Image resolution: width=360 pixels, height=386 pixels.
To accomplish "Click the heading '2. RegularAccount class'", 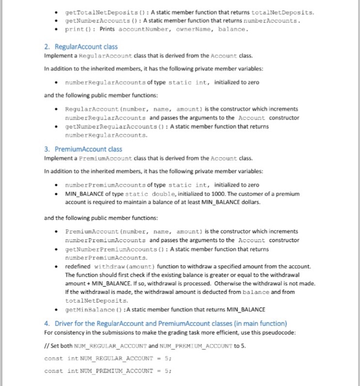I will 80,47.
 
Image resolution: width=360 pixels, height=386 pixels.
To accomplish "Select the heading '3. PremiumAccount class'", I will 83,149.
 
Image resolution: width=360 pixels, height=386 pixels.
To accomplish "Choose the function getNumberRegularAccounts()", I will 114,126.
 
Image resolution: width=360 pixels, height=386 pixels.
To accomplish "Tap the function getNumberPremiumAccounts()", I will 114,249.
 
